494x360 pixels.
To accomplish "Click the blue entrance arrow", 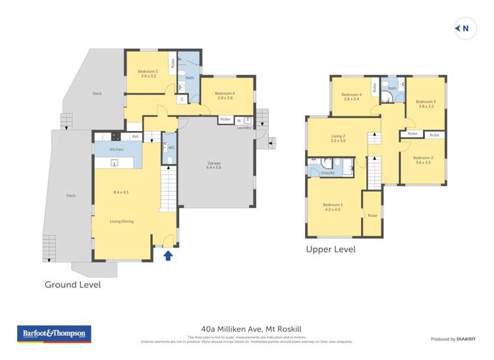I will coord(168,255).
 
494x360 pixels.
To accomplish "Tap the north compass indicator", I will coord(463,28).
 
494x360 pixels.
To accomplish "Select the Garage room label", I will coord(213,165).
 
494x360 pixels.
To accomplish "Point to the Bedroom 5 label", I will coord(148,71).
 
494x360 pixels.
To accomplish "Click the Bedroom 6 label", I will coord(225,93).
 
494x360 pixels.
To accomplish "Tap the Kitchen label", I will coord(117,150).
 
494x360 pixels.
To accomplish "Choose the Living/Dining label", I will coord(123,221).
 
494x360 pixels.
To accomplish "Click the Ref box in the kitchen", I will coord(135,136).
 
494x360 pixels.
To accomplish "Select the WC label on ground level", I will coord(171,147).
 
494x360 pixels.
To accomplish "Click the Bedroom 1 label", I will coord(332,205).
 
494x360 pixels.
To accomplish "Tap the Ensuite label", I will coord(327,172).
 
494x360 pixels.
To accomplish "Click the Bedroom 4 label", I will coord(351,95).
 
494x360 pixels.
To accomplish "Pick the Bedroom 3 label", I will coord(425,101).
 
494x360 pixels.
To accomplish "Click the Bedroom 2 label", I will coord(422,158).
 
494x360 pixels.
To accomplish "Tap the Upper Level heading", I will coord(330,249).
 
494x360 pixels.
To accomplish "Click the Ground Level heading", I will coord(72,285).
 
